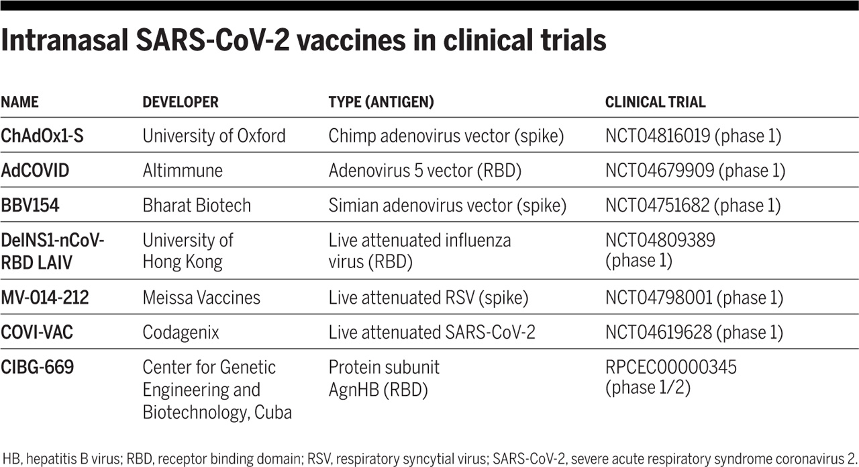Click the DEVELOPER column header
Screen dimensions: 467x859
tap(181, 103)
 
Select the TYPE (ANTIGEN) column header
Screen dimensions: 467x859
tap(381, 103)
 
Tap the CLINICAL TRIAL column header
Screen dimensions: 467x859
tap(655, 103)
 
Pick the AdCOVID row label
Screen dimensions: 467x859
tap(35, 170)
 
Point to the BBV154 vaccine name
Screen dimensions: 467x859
tap(30, 205)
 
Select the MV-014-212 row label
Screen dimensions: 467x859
tap(44, 297)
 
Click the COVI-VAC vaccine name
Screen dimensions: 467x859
tap(37, 332)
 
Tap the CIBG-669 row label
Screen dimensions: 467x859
tap(37, 368)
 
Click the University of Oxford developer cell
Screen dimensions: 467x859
tap(214, 136)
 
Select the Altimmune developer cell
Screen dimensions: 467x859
tap(183, 170)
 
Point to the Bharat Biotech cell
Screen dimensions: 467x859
tap(197, 205)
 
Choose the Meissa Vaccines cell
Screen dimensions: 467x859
tap(201, 297)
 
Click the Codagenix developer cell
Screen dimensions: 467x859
tap(181, 332)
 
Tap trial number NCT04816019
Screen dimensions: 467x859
tap(657, 136)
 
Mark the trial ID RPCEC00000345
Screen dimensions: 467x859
tap(670, 368)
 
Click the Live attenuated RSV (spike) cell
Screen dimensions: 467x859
tap(428, 297)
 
